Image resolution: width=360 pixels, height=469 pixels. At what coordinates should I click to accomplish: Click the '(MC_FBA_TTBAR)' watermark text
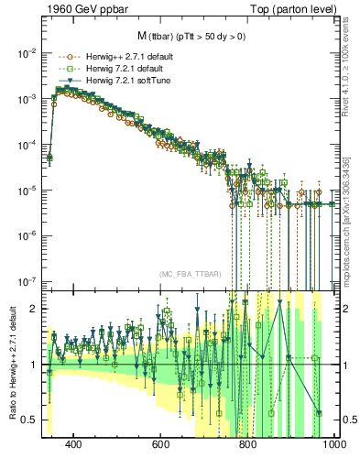coord(190,275)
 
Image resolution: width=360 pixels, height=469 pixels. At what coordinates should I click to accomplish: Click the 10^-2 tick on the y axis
coord(27,53)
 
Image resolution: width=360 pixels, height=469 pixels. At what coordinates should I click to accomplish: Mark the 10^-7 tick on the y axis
coord(27,281)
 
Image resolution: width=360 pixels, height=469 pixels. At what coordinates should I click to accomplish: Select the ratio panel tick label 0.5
coord(29,420)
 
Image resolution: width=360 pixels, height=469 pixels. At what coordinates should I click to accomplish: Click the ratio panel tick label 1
coord(34,365)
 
